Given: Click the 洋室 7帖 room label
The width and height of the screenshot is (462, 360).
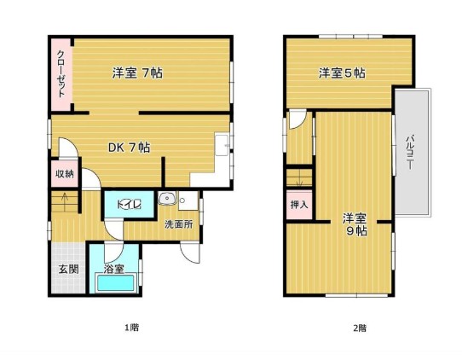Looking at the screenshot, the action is (137, 73).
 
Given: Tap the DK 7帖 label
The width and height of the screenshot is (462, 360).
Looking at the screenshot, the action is (129, 147).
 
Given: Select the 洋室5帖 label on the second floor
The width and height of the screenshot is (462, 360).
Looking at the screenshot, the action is (342, 73).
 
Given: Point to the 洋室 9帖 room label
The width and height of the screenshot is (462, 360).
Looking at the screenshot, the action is (355, 224).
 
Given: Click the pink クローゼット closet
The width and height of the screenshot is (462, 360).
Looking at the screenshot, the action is (61, 75).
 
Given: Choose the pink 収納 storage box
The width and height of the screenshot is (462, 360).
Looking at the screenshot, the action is (65, 174).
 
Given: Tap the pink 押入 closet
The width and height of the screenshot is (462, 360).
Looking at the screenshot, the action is (299, 205).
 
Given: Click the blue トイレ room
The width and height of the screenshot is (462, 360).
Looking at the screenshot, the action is (130, 205).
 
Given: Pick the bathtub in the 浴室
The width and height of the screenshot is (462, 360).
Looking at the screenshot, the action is (117, 282).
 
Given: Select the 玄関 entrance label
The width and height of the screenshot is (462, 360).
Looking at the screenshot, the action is (68, 270).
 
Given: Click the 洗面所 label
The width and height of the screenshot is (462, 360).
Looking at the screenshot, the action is (178, 224).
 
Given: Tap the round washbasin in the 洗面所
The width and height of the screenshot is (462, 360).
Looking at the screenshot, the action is (167, 198).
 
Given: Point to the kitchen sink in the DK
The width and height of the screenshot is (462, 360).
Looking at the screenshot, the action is (222, 145).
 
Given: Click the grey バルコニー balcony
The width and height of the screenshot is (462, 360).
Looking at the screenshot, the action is (412, 152).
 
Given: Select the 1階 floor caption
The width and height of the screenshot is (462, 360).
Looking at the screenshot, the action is (132, 328).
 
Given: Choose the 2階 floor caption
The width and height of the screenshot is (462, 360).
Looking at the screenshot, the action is (360, 328).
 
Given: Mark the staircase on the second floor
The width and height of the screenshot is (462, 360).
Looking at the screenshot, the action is (299, 177).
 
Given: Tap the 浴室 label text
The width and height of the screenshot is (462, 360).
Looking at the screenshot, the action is (113, 269).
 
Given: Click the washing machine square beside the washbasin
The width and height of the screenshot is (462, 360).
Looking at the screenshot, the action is (188, 200).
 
